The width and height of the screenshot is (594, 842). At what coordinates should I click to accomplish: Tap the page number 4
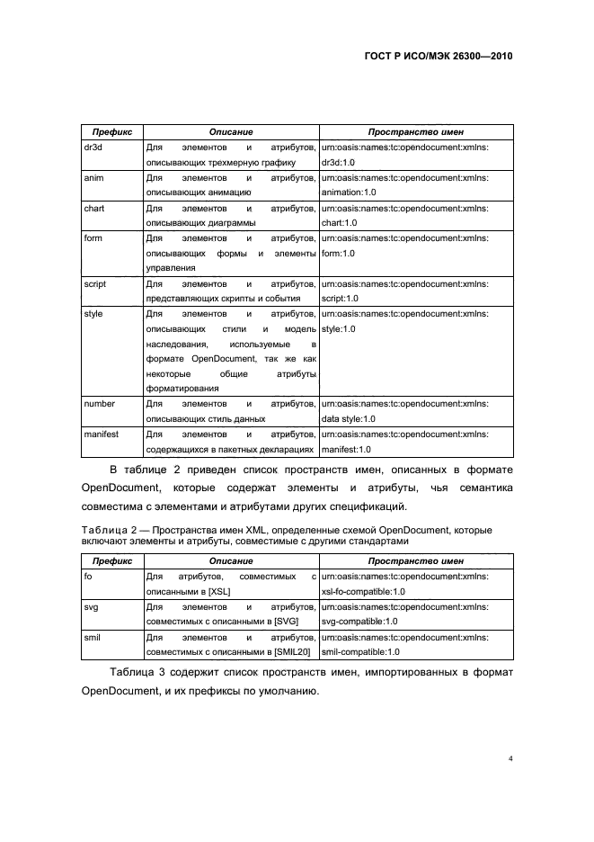[x=510, y=758]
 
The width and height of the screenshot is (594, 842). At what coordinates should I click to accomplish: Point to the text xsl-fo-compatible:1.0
[x=363, y=591]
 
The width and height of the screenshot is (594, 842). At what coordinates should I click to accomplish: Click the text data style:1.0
[x=348, y=419]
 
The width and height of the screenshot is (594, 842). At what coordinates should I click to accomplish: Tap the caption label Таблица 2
[x=107, y=531]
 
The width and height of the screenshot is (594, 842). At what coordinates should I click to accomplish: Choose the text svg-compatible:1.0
[x=359, y=622]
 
